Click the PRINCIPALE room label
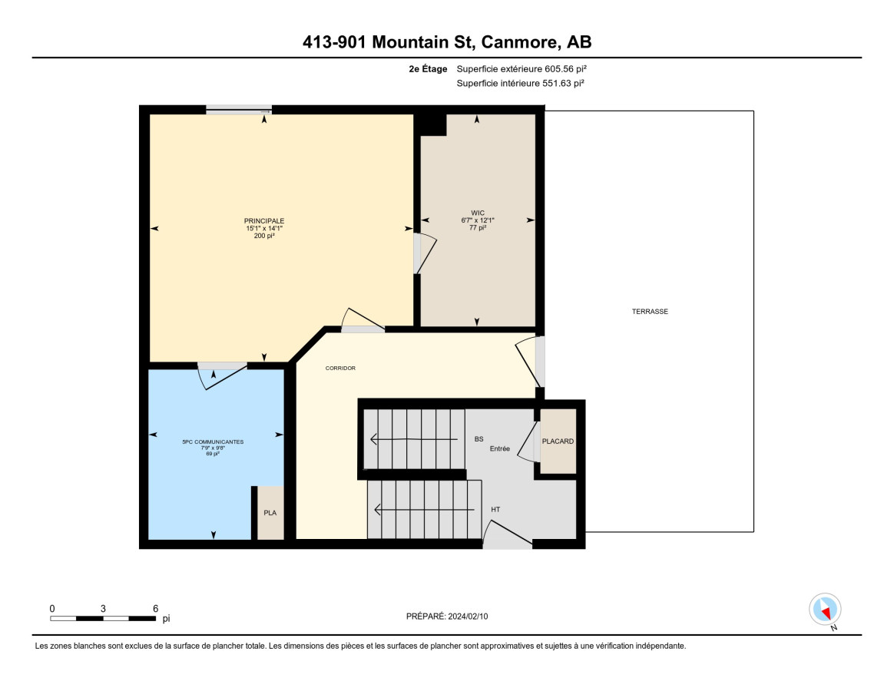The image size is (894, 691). point(264,221)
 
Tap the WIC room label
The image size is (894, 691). point(478,213)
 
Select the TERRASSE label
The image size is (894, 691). point(650,311)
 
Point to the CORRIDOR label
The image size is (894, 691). point(340,369)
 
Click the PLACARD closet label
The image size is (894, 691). point(558,441)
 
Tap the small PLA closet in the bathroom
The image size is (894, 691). point(270,513)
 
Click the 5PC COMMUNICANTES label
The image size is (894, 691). point(213,441)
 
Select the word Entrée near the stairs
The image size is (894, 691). point(500,448)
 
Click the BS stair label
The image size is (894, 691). point(479,439)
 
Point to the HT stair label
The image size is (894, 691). point(495,510)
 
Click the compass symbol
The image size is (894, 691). point(825,610)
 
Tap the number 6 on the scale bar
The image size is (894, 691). point(156,608)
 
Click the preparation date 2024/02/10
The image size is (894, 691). point(468,617)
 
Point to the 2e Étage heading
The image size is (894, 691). point(429,69)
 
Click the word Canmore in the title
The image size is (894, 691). point(519,42)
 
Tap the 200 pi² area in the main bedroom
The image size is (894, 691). point(264,236)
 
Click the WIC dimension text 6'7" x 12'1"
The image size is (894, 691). point(478,220)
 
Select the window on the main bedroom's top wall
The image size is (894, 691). point(239,110)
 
